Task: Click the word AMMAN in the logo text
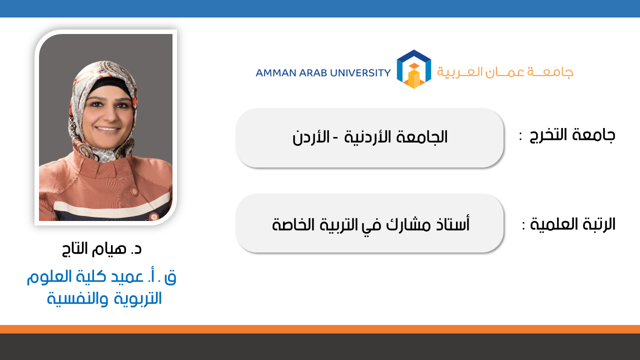[275, 73]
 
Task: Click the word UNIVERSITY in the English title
[360, 73]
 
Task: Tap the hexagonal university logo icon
[413, 69]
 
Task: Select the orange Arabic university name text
[505, 72]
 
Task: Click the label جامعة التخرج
[572, 135]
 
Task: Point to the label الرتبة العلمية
[572, 224]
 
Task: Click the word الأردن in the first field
[311, 137]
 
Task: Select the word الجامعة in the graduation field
[421, 137]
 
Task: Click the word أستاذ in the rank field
[453, 224]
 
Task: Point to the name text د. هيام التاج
[101, 248]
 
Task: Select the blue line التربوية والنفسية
[104, 298]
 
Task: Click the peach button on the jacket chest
[134, 191]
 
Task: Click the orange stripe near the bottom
[320, 329]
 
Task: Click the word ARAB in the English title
[313, 73]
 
